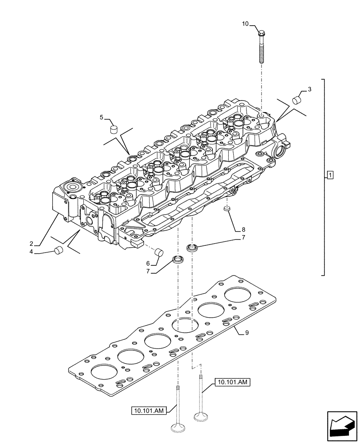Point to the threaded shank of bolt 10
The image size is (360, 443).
[261, 51]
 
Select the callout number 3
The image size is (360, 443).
[309, 89]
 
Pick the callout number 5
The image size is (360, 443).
[102, 117]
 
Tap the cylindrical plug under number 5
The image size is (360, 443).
[113, 129]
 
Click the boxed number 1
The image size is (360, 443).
[330, 175]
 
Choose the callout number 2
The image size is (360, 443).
[31, 244]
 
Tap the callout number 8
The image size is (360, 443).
[243, 229]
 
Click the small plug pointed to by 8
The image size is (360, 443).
[227, 208]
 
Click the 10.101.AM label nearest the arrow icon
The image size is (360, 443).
[232, 381]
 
